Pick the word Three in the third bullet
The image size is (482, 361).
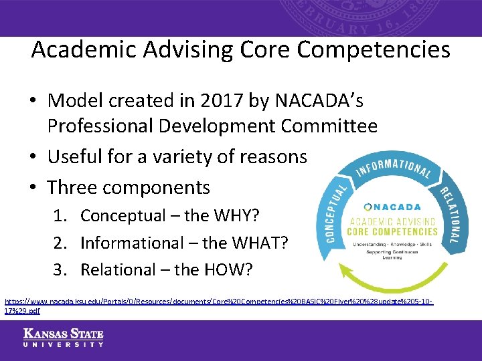point(73,187)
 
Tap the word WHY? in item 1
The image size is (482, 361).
point(236,216)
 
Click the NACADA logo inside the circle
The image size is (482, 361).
point(392,207)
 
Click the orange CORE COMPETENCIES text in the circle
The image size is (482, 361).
point(392,232)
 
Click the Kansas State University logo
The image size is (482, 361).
point(64,338)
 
